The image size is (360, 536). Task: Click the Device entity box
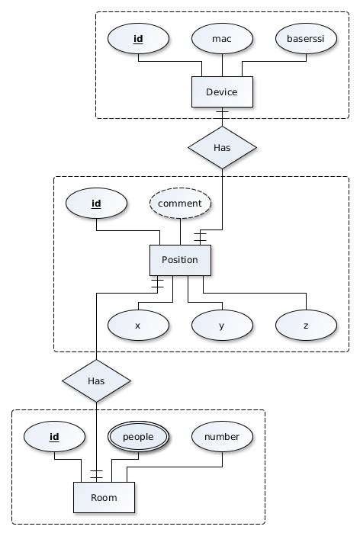coord(221,92)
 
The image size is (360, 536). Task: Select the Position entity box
coord(180,260)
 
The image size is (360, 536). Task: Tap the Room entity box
coord(104,497)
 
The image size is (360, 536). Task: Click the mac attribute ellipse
coord(221,38)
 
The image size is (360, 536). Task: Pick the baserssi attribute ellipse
coord(306,38)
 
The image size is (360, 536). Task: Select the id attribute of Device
coord(138,38)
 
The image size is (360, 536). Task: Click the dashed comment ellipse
coord(180,204)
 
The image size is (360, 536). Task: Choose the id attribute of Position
coord(96,204)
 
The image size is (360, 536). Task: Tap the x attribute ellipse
coord(138,325)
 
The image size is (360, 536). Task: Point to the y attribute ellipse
coord(221,325)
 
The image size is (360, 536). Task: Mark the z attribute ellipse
coord(306,325)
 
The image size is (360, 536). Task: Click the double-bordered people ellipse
coord(138,437)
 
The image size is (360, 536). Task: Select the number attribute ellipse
coord(222,437)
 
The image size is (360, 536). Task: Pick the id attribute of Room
coord(54,437)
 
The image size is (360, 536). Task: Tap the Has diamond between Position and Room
coord(97,380)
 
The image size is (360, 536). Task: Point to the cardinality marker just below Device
coord(222,115)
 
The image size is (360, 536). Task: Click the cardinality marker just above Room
coord(97,473)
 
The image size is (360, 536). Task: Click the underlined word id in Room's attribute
coord(54,437)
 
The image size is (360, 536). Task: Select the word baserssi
coord(306,38)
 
